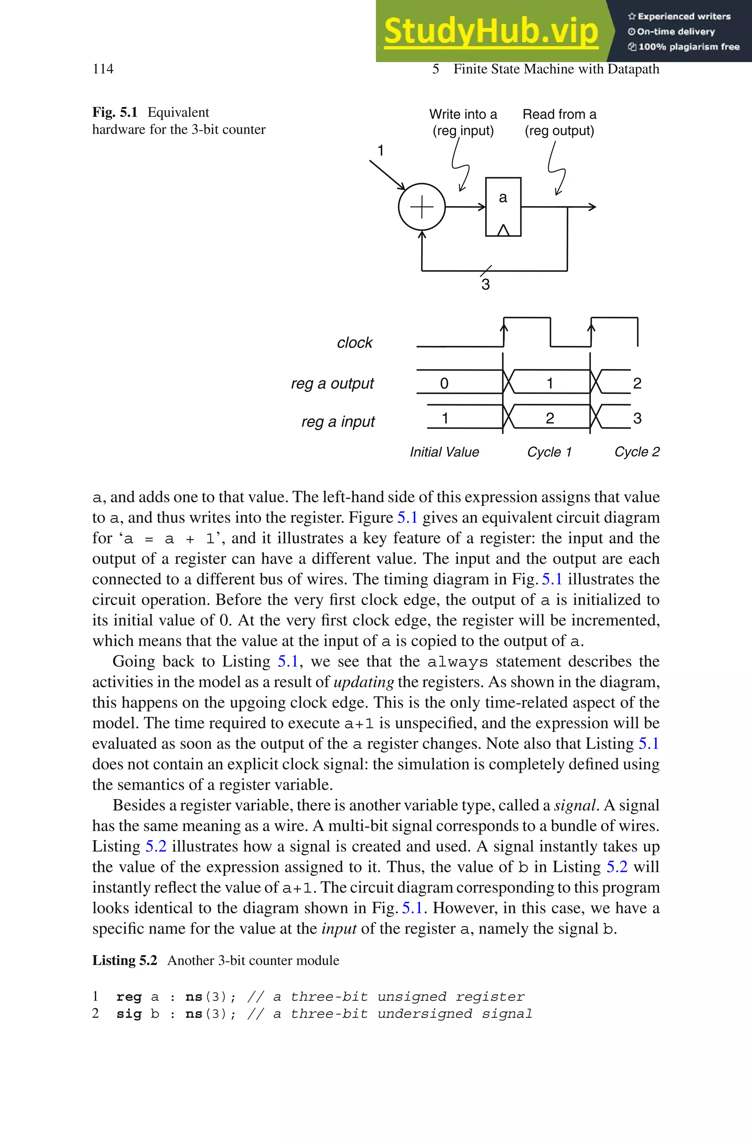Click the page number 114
pyautogui.click(x=103, y=69)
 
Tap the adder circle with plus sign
pyautogui.click(x=422, y=207)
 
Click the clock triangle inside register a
pyautogui.click(x=503, y=230)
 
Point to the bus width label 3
pyautogui.click(x=485, y=284)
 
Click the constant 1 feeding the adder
pyautogui.click(x=380, y=151)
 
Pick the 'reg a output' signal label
pyautogui.click(x=332, y=383)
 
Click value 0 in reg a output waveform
pyautogui.click(x=444, y=383)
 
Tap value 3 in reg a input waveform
pyautogui.click(x=637, y=419)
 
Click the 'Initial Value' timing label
pyautogui.click(x=444, y=452)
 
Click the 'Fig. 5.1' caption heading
pyautogui.click(x=115, y=112)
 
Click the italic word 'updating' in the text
pyautogui.click(x=364, y=682)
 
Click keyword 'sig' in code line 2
pyautogui.click(x=129, y=1014)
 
